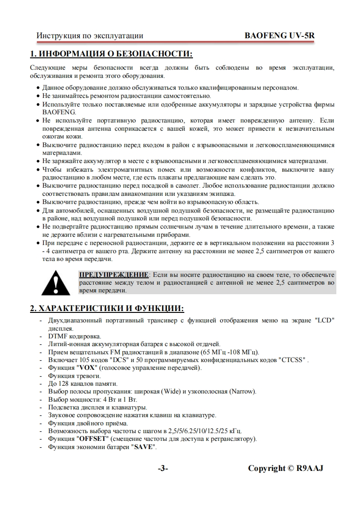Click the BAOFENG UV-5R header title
pos(279,35)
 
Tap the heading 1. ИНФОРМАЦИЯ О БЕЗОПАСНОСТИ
pos(112,55)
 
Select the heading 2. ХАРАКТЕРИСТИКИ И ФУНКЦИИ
pos(107,309)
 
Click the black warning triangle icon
pos(56,283)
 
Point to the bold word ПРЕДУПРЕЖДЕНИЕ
pos(114,275)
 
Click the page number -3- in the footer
pos(163,469)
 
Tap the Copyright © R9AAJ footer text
pos(285,469)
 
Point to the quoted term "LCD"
pos(324,320)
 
